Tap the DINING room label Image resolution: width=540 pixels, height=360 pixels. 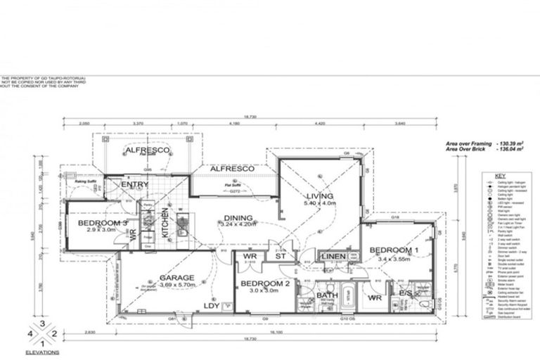[238, 218]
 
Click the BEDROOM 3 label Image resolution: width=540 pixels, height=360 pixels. [103, 223]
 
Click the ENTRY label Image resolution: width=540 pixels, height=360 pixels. [134, 184]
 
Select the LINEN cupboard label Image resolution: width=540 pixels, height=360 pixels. [333, 257]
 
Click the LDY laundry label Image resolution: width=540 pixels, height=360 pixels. [211, 305]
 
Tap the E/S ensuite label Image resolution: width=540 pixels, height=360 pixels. [406, 293]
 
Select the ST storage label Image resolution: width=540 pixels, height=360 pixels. [281, 257]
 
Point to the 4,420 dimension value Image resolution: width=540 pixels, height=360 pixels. [340, 123]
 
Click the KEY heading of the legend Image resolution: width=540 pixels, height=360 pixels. [500, 176]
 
